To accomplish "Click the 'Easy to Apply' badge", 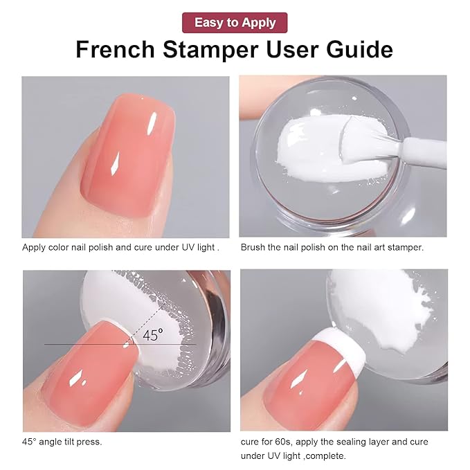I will [x=235, y=22].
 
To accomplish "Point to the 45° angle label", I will [x=153, y=336].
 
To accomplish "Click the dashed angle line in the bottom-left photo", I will [x=152, y=311].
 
